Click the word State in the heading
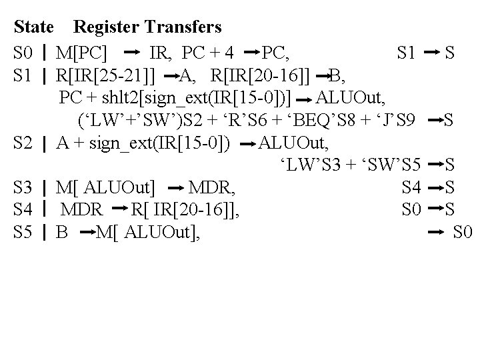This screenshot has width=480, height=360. [x=34, y=27]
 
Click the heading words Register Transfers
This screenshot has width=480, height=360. [x=147, y=27]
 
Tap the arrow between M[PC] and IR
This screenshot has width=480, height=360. [x=132, y=51]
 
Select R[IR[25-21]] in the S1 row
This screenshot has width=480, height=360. [x=107, y=74]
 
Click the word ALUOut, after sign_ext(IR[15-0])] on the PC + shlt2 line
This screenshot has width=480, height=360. [x=350, y=97]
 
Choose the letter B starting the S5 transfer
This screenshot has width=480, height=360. [x=63, y=233]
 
